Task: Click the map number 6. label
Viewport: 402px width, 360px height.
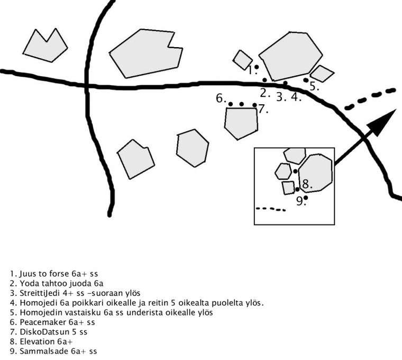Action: click(x=221, y=98)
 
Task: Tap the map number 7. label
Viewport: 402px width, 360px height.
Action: click(x=263, y=110)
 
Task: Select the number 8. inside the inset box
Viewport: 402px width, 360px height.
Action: click(x=307, y=185)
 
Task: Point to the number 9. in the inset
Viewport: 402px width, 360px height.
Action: click(x=300, y=201)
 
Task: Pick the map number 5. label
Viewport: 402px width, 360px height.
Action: click(x=314, y=86)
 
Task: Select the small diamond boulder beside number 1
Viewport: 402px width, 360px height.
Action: click(x=243, y=59)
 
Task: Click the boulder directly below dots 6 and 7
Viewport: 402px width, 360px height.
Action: click(x=241, y=122)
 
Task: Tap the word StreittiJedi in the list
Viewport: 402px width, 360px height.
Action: click(x=36, y=293)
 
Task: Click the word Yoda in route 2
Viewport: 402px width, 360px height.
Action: click(x=25, y=284)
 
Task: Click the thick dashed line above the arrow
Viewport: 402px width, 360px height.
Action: click(x=370, y=98)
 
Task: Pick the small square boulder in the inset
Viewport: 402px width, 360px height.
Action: click(x=288, y=187)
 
